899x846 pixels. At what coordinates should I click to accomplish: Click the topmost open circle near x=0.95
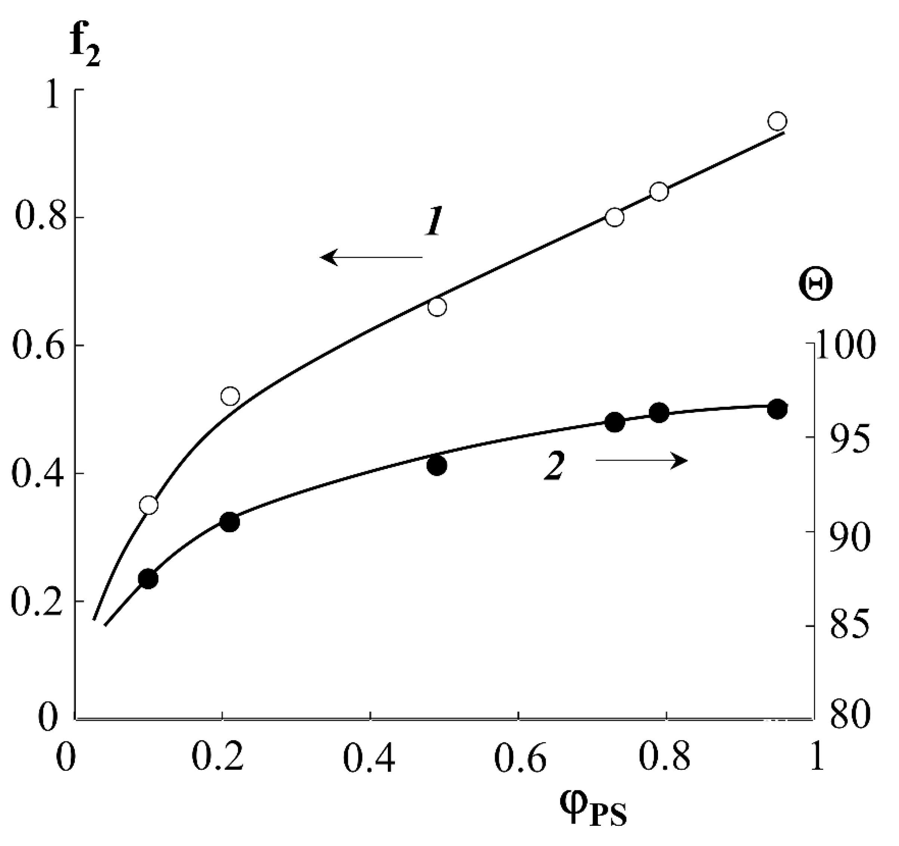pos(777,121)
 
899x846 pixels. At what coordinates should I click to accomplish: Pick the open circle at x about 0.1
pos(148,504)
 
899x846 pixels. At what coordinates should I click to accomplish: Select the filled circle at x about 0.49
pos(437,465)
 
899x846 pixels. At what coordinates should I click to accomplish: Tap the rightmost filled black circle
pos(777,409)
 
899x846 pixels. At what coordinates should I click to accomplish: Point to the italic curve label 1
pos(435,222)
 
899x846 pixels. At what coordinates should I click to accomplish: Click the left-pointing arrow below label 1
pos(371,257)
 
